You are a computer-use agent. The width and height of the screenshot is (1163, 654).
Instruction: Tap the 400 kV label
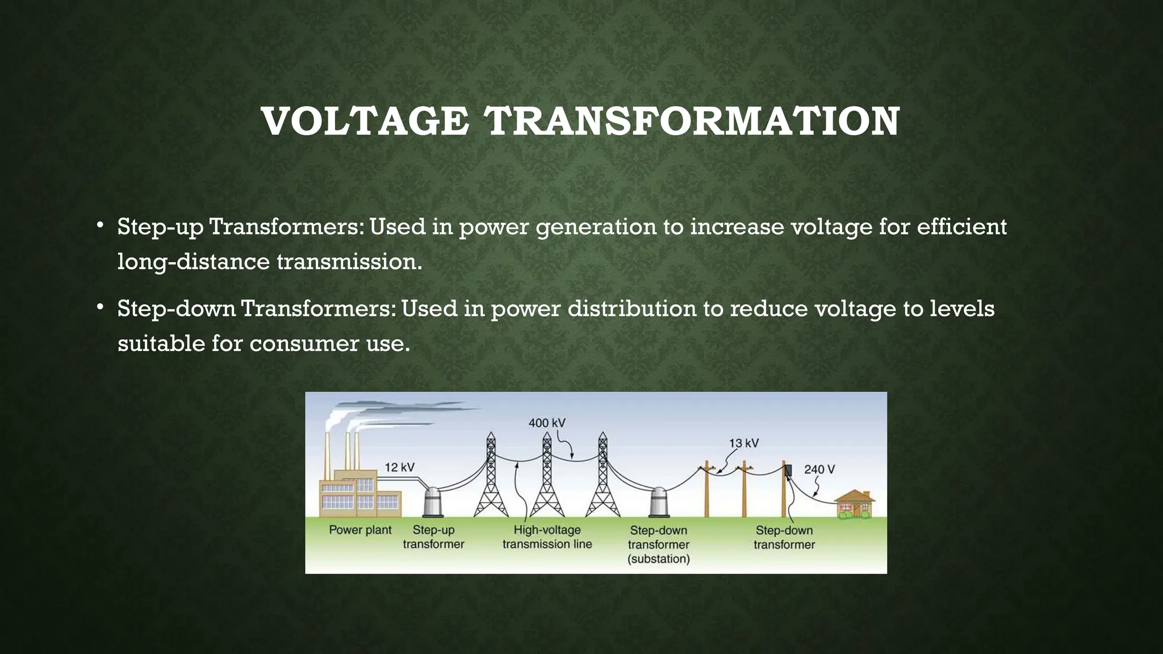click(547, 423)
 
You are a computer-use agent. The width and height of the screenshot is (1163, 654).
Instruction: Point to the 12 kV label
click(400, 467)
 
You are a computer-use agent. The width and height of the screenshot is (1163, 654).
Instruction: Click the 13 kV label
click(744, 443)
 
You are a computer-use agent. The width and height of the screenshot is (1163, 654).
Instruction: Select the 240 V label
click(819, 469)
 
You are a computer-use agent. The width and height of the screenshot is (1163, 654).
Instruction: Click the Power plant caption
click(360, 530)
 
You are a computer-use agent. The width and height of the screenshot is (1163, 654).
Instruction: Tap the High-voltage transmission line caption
click(547, 537)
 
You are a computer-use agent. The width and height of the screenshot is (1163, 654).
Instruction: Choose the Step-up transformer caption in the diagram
click(433, 537)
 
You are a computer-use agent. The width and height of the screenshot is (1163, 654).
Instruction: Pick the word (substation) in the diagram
click(659, 559)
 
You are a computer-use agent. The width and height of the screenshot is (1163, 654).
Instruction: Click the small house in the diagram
click(855, 505)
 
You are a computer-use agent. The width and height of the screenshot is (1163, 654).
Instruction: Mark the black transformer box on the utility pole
click(788, 470)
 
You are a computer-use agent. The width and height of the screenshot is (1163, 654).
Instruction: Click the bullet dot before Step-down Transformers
click(100, 307)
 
